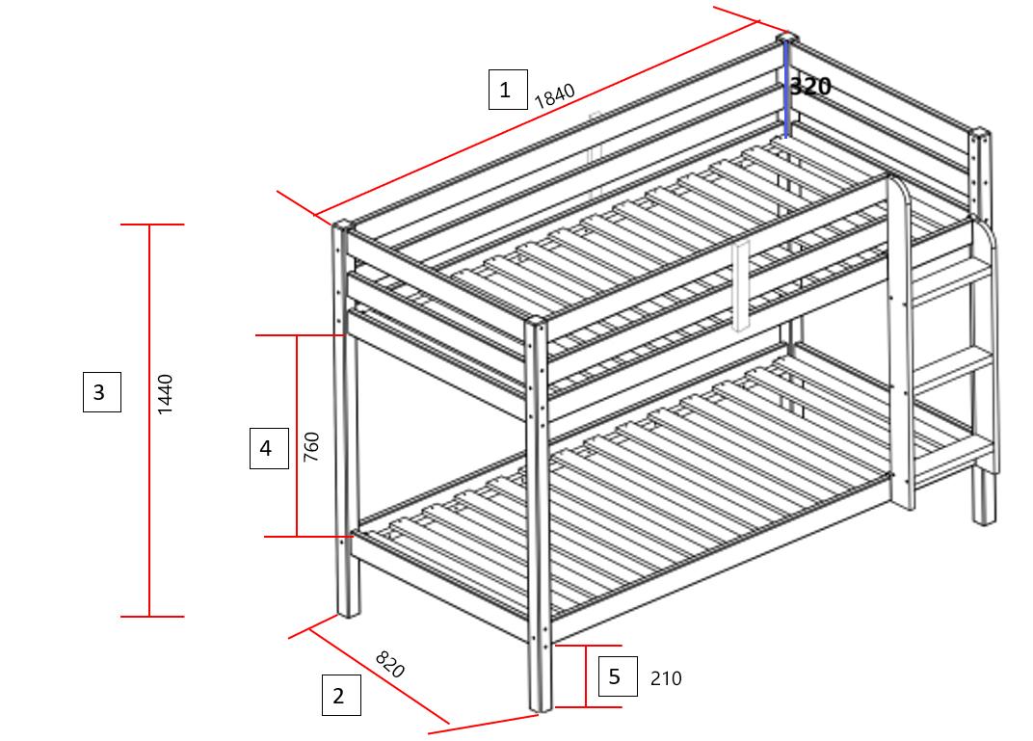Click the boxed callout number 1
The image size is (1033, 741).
click(x=507, y=90)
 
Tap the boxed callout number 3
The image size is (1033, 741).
click(x=101, y=392)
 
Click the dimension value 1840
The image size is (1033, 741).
click(x=554, y=95)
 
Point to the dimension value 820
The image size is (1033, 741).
click(x=389, y=664)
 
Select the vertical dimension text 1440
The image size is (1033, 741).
click(x=165, y=394)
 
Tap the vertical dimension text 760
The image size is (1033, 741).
click(x=311, y=447)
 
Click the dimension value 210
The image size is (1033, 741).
click(x=666, y=678)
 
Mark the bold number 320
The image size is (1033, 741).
click(x=810, y=86)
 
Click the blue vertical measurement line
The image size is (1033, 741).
click(x=786, y=92)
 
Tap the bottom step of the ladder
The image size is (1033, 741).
click(x=954, y=455)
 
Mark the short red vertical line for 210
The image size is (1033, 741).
click(x=586, y=676)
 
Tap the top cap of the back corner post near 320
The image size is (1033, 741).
click(x=787, y=38)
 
